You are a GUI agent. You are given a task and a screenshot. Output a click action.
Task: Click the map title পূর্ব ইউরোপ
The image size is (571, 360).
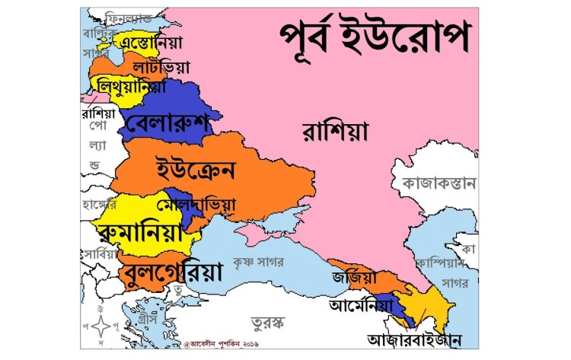pyautogui.click(x=372, y=37)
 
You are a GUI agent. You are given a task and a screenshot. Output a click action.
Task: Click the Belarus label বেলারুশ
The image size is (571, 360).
pyautogui.click(x=170, y=124)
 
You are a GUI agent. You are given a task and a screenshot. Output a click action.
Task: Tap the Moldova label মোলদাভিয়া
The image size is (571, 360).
pyautogui.click(x=196, y=205)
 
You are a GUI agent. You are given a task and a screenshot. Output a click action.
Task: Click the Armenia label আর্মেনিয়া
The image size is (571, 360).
pyautogui.click(x=360, y=306)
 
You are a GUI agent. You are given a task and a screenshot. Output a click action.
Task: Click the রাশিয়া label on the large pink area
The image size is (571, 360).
pyautogui.click(x=335, y=132)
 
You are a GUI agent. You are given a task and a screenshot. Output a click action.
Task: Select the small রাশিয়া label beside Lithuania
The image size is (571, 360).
pyautogui.click(x=97, y=113)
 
